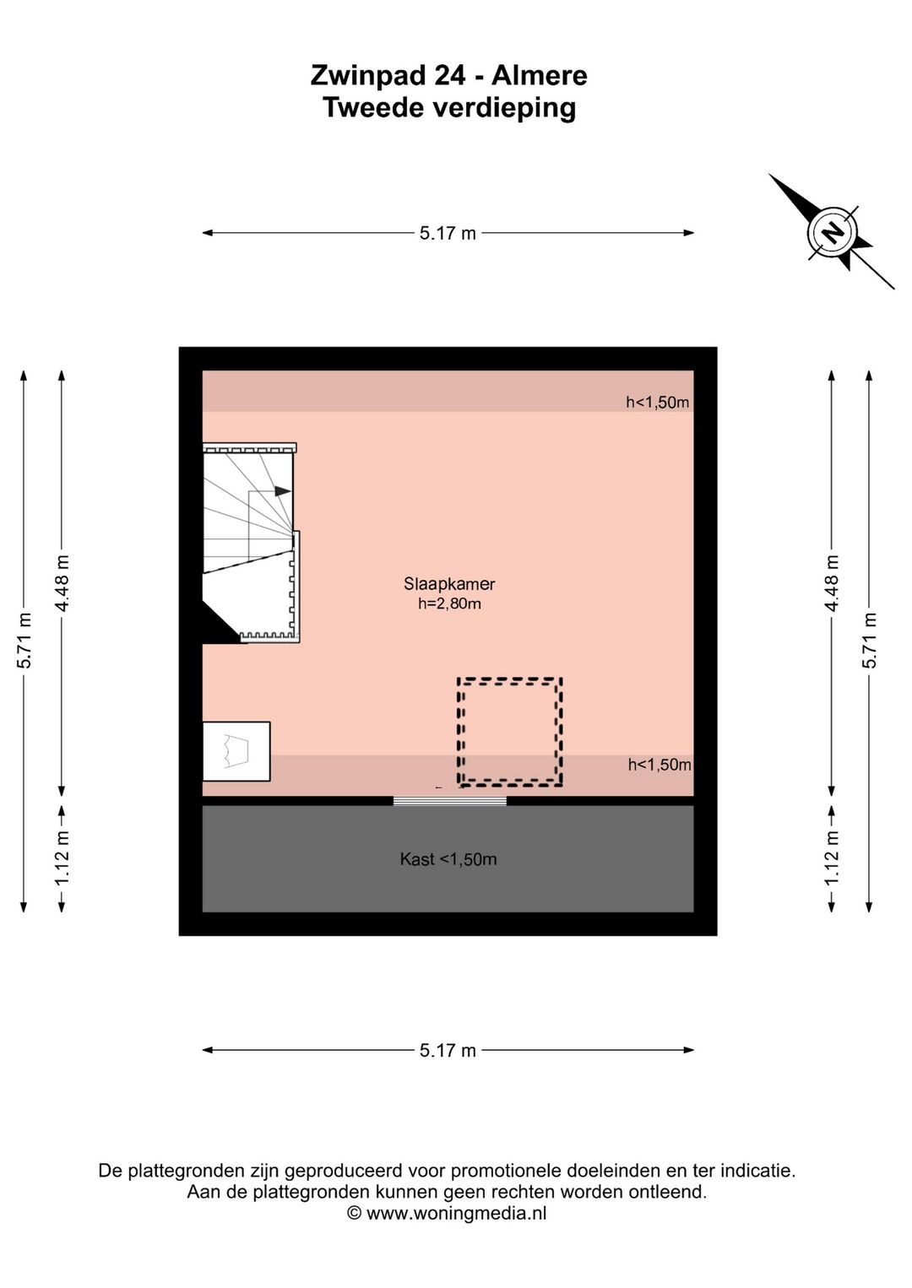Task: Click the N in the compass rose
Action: tap(832, 232)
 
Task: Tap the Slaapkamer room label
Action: tap(448, 584)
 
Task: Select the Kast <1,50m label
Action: tap(448, 859)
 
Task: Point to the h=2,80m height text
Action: tap(449, 603)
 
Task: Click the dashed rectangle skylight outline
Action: tap(510, 679)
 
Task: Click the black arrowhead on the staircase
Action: tap(283, 491)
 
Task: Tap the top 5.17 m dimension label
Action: tap(448, 233)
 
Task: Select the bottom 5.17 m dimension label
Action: tap(448, 1051)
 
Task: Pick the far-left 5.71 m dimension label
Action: tap(24, 640)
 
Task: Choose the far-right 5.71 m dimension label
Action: tap(870, 640)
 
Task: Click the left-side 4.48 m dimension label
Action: tap(62, 583)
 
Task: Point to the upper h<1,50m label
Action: tap(657, 403)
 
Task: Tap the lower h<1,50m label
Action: tap(660, 765)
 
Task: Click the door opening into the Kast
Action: tap(450, 801)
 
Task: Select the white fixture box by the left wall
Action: tap(236, 751)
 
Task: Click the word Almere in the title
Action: tap(539, 75)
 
